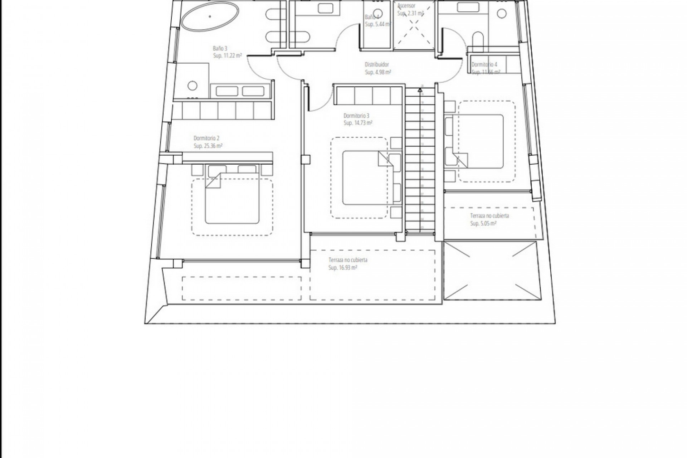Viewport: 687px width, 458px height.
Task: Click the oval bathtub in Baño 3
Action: tap(210, 16)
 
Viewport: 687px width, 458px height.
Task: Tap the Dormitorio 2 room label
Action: tap(206, 138)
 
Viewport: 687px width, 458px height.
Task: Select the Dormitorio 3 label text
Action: tap(356, 116)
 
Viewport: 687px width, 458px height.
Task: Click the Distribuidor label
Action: tap(376, 65)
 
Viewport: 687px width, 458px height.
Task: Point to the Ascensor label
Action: tap(406, 6)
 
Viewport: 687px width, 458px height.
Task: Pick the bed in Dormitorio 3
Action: tap(364, 178)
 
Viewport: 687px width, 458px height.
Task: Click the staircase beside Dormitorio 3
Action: tap(419, 161)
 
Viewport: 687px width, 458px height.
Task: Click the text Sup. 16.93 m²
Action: tap(343, 268)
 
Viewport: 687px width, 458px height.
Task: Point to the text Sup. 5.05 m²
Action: tap(483, 224)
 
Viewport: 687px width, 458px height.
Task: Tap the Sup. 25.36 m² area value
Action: tap(208, 146)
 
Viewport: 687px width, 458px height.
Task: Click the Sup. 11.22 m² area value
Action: tap(227, 56)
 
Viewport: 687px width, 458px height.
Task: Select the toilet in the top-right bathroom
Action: tap(478, 41)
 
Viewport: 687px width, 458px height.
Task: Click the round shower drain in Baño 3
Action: tap(193, 86)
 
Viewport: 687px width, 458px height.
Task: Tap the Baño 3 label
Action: tap(220, 48)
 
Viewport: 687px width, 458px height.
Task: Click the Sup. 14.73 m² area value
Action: tap(358, 123)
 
